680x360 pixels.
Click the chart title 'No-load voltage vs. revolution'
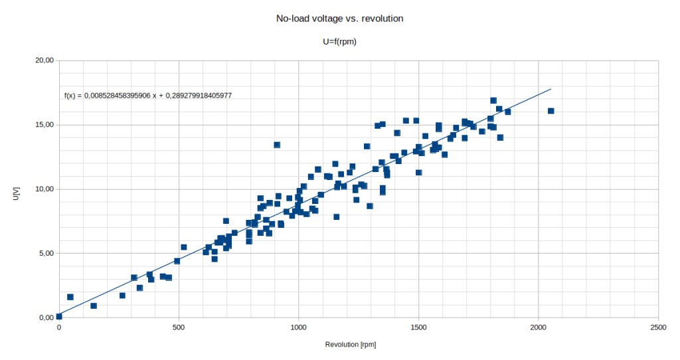tap(339, 19)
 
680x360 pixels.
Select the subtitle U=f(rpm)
tap(340, 41)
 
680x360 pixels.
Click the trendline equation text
tap(147, 96)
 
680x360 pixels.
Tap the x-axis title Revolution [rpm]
tap(351, 345)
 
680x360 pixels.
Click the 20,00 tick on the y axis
tap(44, 60)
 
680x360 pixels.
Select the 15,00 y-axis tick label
tap(44, 125)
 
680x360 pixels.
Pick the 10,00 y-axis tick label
tap(44, 189)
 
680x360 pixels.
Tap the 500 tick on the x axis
tap(179, 327)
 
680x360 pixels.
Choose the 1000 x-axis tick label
tap(299, 327)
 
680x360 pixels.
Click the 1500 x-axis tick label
tap(418, 327)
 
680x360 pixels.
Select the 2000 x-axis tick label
tap(539, 327)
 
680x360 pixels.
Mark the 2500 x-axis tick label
tap(659, 327)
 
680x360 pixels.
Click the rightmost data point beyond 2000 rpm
tap(551, 111)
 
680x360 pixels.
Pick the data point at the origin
tap(59, 317)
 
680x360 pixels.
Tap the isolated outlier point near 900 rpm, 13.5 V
tap(277, 145)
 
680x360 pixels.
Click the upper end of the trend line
tap(551, 89)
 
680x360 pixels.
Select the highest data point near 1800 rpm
tap(493, 100)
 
